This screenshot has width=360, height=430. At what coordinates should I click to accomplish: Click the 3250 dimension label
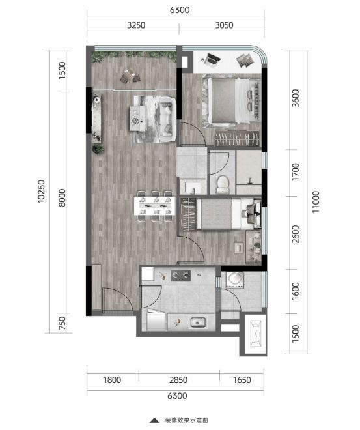point(136,25)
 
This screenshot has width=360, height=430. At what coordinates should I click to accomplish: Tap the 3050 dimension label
point(224,25)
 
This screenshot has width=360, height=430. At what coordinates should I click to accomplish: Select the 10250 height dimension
point(41,191)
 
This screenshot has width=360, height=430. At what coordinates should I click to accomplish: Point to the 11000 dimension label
point(316,202)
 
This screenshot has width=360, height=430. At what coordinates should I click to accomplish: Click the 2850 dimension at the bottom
point(178,380)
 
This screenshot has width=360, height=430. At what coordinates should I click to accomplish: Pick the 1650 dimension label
point(242,380)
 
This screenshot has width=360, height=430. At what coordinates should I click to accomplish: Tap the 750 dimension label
point(62,323)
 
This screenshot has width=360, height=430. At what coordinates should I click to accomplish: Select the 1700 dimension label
point(296,171)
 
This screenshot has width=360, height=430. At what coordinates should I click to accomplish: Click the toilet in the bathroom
point(222,184)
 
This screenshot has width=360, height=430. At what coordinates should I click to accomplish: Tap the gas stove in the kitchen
point(181,276)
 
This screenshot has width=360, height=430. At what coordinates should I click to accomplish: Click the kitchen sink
point(198,322)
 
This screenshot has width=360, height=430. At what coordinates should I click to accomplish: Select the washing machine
point(234,279)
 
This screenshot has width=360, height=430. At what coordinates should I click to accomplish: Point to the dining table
point(154,206)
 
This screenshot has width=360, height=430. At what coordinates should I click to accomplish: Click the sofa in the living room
point(168,119)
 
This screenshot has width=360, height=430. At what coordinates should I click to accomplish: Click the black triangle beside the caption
point(154,420)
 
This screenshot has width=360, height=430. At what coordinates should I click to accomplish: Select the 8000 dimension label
point(62,197)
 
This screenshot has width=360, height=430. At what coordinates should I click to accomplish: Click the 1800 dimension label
point(112,380)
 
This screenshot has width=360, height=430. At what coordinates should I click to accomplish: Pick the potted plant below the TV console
point(98,149)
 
